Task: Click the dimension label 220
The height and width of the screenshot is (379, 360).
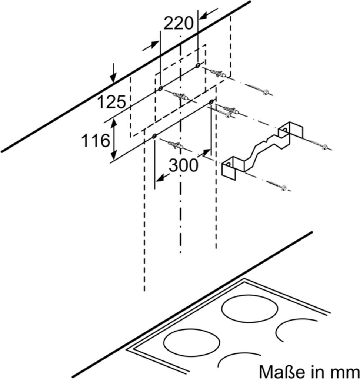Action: point(179,24)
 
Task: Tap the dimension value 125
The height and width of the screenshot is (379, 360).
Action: point(111,102)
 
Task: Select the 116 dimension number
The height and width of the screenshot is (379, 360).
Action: point(95,141)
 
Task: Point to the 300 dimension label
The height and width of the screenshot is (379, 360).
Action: point(183,165)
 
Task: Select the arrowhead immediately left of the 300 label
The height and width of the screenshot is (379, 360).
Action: point(160,179)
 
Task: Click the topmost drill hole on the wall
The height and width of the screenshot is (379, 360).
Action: point(198,66)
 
